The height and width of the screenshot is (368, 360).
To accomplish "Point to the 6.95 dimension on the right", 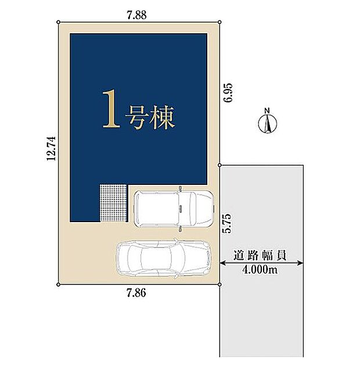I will [x=228, y=92].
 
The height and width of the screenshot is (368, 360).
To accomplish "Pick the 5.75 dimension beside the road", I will [x=228, y=224].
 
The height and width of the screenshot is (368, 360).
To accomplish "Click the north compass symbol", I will [x=267, y=123].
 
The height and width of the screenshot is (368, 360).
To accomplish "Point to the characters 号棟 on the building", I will [x=150, y=117].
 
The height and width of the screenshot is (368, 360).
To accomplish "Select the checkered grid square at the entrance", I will [x=113, y=203].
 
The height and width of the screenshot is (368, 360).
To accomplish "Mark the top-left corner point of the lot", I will [x=59, y=22].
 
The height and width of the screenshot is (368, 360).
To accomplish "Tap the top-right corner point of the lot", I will [x=220, y=22].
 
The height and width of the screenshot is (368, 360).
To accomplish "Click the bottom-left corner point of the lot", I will [x=59, y=284].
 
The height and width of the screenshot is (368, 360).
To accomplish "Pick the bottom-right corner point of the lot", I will [x=220, y=284].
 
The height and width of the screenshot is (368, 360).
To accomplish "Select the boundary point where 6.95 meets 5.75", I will [x=220, y=165].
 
